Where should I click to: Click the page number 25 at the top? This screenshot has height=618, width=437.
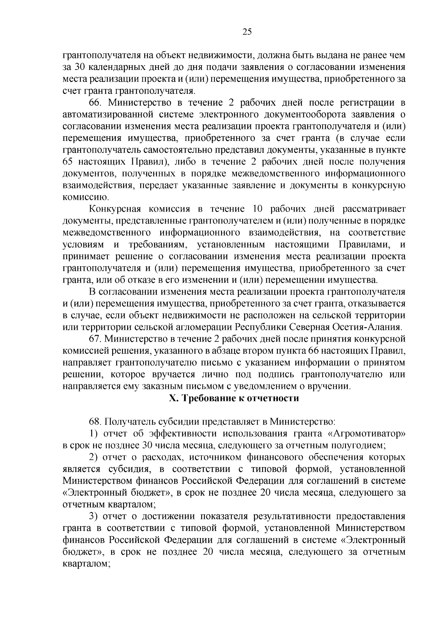247,32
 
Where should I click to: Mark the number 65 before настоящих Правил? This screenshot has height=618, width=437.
69,162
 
